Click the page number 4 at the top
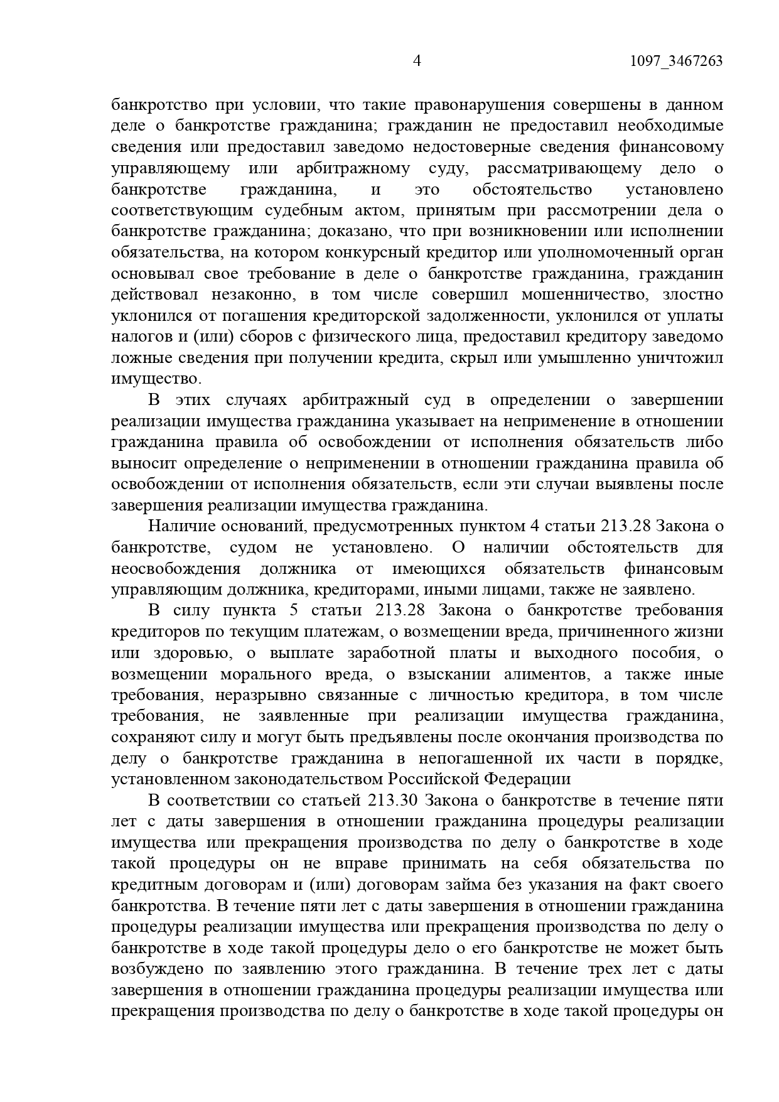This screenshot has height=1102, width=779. (x=417, y=61)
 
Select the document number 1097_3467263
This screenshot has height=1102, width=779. (x=675, y=61)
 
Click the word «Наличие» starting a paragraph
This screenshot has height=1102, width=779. (x=176, y=526)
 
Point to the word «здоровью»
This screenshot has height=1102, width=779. (x=190, y=653)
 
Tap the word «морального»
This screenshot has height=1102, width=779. (x=266, y=674)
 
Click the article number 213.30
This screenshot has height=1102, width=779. (x=394, y=801)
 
